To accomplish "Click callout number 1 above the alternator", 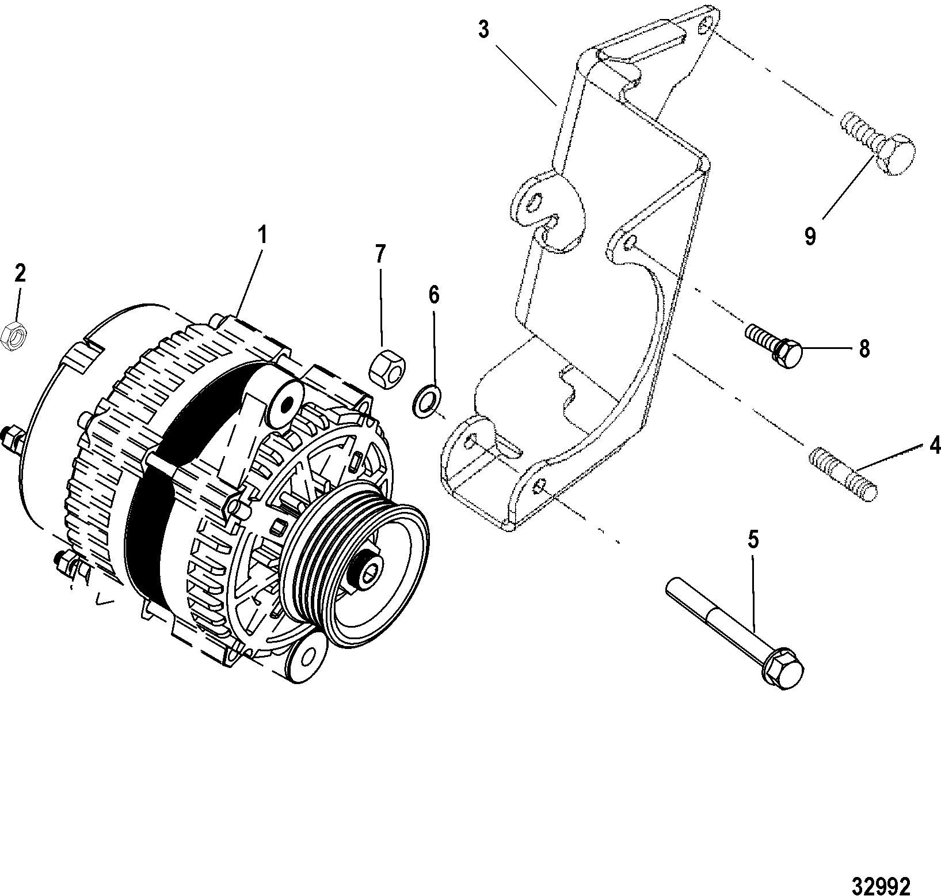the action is click(x=262, y=236).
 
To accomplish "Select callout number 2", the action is click(x=20, y=273).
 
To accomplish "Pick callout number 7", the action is click(x=380, y=254).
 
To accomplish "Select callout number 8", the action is click(x=864, y=349).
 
